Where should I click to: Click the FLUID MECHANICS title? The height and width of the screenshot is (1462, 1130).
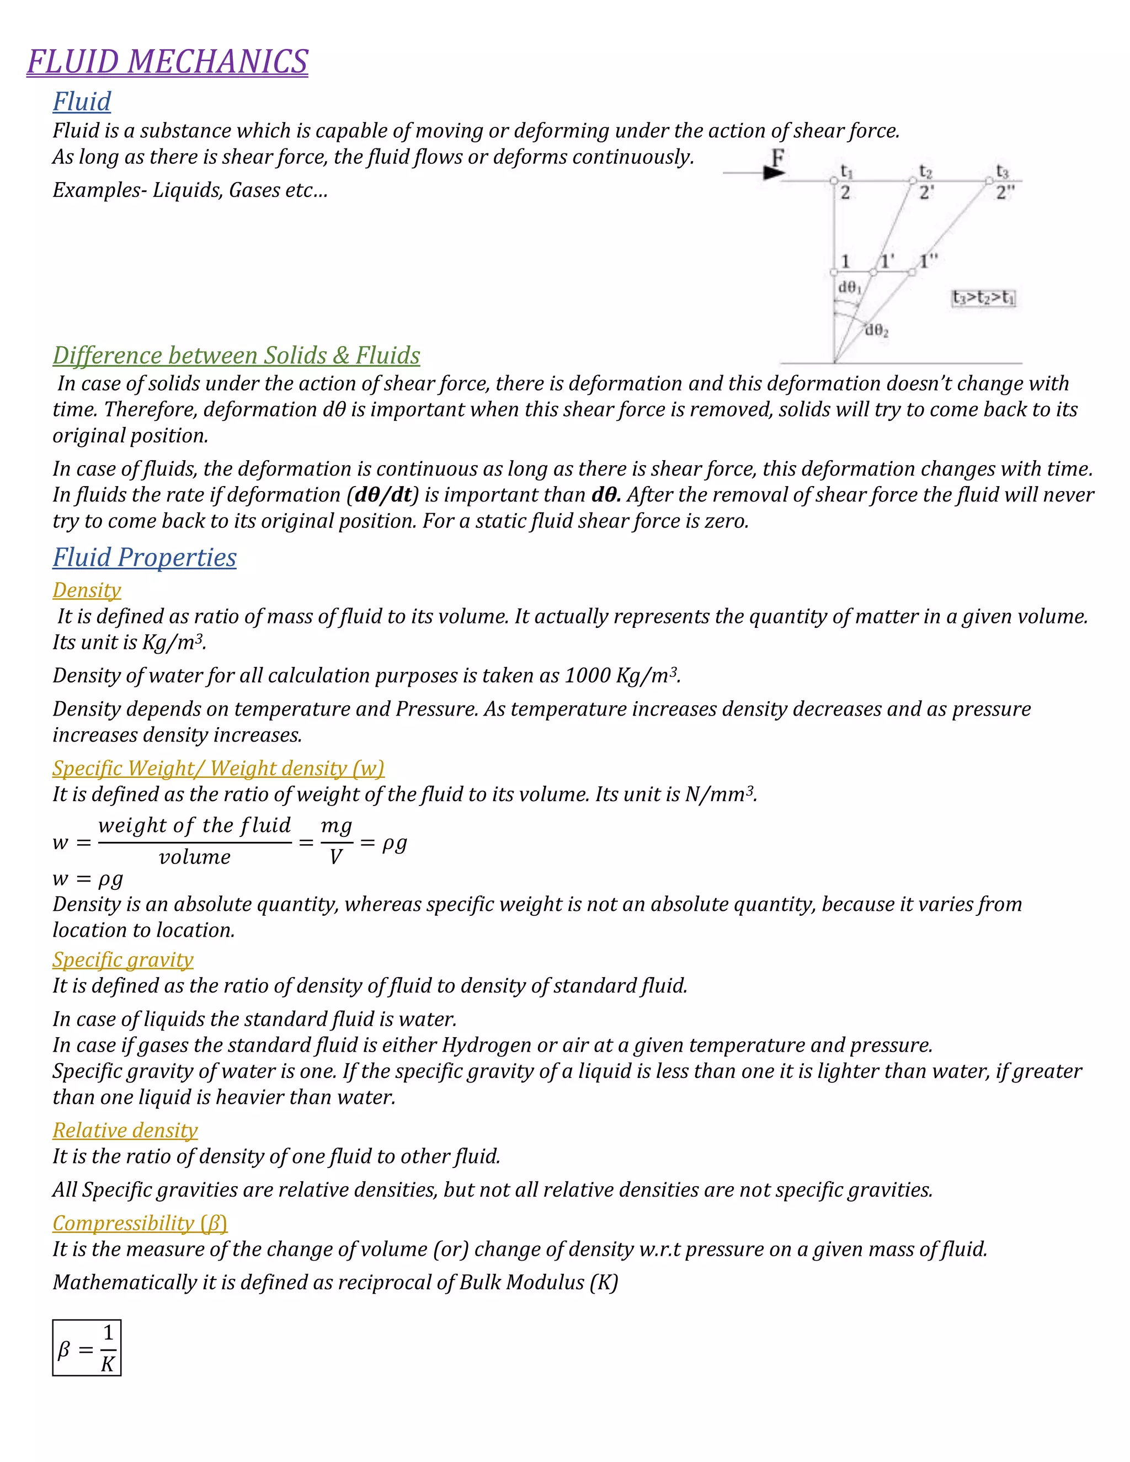pyautogui.click(x=167, y=62)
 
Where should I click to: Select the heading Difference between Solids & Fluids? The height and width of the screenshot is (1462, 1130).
pyautogui.click(x=236, y=355)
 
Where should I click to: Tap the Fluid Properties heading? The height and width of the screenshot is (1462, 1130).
pyautogui.click(x=145, y=557)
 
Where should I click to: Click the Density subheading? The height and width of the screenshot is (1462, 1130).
pyautogui.click(x=87, y=590)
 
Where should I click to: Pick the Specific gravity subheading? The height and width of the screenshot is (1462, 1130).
pyautogui.click(x=122, y=959)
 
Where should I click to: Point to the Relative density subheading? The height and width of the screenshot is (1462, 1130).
pyautogui.click(x=125, y=1130)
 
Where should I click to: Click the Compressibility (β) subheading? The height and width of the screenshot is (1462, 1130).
pyautogui.click(x=140, y=1223)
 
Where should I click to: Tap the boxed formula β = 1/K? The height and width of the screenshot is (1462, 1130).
pyautogui.click(x=87, y=1348)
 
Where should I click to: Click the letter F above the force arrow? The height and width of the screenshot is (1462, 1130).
pyautogui.click(x=777, y=159)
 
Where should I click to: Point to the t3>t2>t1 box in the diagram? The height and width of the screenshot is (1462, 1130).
pyautogui.click(x=983, y=297)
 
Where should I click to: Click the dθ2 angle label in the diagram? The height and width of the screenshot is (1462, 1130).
pyautogui.click(x=876, y=330)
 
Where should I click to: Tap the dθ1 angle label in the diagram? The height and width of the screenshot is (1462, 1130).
pyautogui.click(x=850, y=287)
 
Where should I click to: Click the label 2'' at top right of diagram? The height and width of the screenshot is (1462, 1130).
pyautogui.click(x=1005, y=193)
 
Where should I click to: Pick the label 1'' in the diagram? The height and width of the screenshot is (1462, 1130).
pyautogui.click(x=929, y=261)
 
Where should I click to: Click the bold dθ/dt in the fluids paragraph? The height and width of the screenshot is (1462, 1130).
pyautogui.click(x=382, y=495)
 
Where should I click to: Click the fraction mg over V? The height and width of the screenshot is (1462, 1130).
pyautogui.click(x=336, y=841)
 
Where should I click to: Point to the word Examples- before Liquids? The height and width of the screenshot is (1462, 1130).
pyautogui.click(x=100, y=190)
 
